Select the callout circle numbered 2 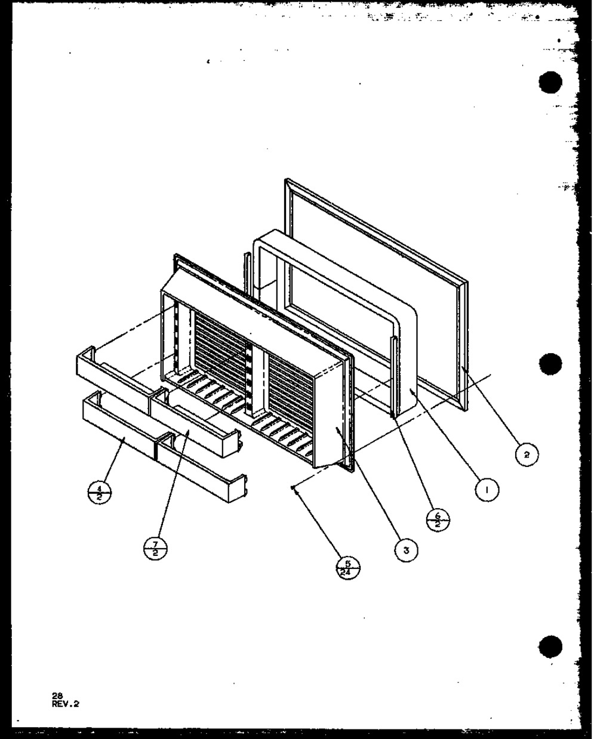click(x=526, y=454)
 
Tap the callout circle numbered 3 click(x=406, y=551)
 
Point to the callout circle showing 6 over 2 click(x=439, y=517)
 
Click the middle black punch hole click(x=550, y=364)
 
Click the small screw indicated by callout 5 click(x=293, y=487)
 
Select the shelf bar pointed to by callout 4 click(x=116, y=434)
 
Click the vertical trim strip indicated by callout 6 click(x=393, y=376)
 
